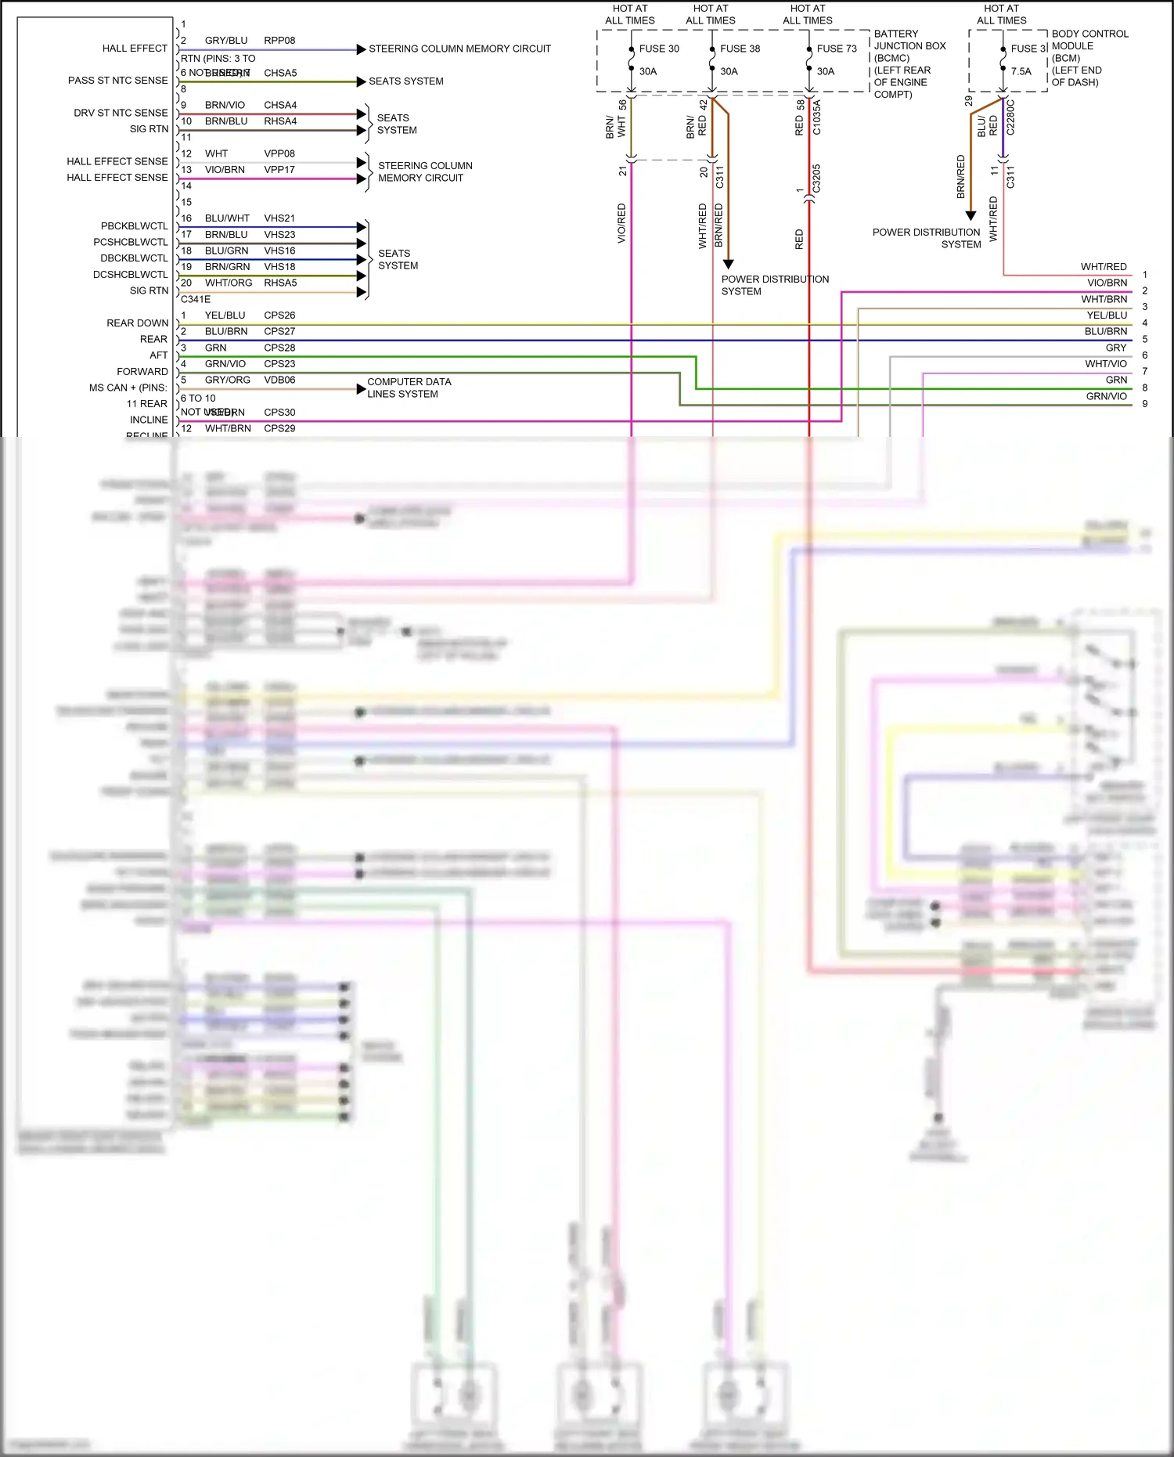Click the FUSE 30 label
pyautogui.click(x=659, y=49)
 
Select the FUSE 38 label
pyautogui.click(x=740, y=49)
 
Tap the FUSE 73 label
pyautogui.click(x=837, y=49)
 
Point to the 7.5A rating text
pyautogui.click(x=1021, y=71)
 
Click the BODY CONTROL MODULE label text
pyautogui.click(x=1089, y=40)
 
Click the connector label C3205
pyautogui.click(x=816, y=179)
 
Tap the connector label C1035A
pyautogui.click(x=816, y=117)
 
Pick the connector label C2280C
pyautogui.click(x=1010, y=117)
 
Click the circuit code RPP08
pyautogui.click(x=279, y=41)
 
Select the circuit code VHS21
pyautogui.click(x=279, y=218)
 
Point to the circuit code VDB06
pyautogui.click(x=279, y=380)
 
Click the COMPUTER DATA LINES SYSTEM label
pyautogui.click(x=409, y=388)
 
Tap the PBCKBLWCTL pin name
pyautogui.click(x=134, y=226)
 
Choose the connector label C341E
pyautogui.click(x=196, y=299)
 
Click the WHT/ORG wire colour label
pyautogui.click(x=229, y=283)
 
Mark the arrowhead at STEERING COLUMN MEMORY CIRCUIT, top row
pyautogui.click(x=361, y=49)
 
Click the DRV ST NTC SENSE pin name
pyautogui.click(x=121, y=113)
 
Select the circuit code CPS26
pyautogui.click(x=279, y=316)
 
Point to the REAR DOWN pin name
pyautogui.click(x=137, y=323)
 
